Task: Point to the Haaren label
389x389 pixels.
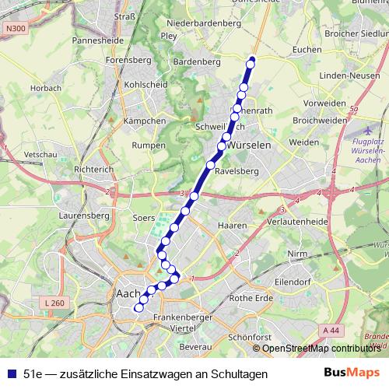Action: [232, 225]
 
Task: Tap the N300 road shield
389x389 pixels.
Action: [13, 28]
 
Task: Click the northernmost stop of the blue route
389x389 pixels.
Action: [251, 63]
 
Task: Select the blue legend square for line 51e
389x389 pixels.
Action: [11, 374]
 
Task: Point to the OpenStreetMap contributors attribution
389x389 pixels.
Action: [321, 349]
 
